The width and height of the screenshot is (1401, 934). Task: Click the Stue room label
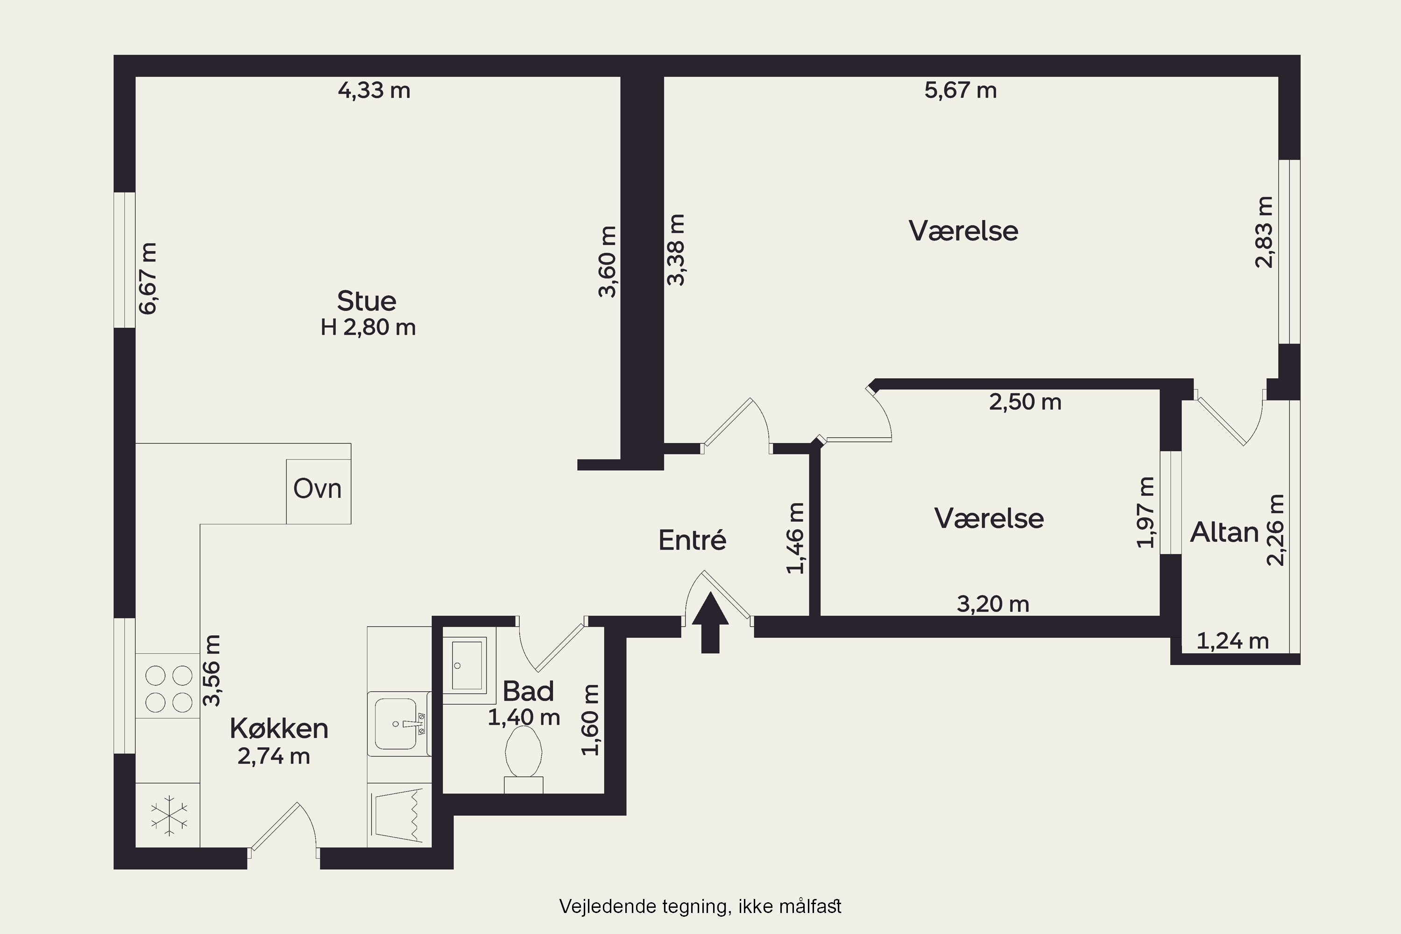[x=366, y=301]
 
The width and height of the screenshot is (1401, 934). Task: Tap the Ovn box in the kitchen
[x=318, y=491]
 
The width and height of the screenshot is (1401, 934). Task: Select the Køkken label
[x=279, y=728]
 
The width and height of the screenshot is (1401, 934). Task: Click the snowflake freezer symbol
[x=169, y=815]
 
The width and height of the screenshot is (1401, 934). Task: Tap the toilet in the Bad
[x=524, y=759]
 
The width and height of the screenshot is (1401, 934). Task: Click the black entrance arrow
[x=710, y=623]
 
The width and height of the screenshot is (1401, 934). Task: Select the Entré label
[x=692, y=540]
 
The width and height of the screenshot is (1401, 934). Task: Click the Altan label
[x=1224, y=532]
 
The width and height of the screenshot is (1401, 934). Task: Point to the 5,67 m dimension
[x=960, y=91]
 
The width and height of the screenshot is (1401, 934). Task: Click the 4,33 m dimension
[x=374, y=91]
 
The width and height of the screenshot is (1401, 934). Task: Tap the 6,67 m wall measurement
[x=147, y=278]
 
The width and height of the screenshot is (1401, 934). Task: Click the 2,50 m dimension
[x=1025, y=402]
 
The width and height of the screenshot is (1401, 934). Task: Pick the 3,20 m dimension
[x=993, y=604]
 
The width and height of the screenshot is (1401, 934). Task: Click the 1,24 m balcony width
[x=1232, y=641]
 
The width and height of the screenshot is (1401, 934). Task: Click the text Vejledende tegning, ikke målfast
[x=700, y=906]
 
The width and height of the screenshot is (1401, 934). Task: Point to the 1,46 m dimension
[x=796, y=538]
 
